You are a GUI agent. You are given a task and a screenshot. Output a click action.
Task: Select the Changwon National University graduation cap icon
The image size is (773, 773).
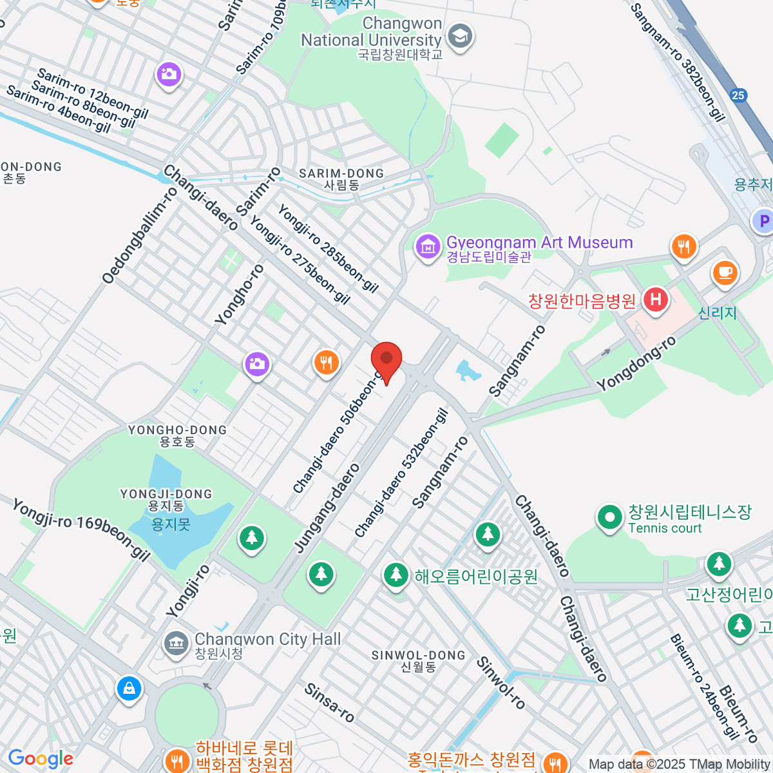point(460,37)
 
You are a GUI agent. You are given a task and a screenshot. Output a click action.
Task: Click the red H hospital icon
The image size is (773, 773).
point(656,300)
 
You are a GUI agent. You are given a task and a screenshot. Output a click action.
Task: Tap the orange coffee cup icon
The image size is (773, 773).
point(725,272)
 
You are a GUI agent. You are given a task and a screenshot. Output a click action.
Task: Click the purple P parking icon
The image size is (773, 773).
point(763,221)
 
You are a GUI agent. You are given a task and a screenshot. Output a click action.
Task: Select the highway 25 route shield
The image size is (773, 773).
point(738,95)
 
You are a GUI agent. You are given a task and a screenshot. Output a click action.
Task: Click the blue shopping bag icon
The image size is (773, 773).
point(129,689)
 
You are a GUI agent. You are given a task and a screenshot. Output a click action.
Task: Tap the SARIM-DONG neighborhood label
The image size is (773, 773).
point(341,179)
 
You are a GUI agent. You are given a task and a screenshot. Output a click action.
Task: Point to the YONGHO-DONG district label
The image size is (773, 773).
point(177,435)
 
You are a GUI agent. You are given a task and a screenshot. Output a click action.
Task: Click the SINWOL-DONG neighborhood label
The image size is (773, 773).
point(418,661)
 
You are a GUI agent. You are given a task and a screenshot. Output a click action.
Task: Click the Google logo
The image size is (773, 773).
point(40,759)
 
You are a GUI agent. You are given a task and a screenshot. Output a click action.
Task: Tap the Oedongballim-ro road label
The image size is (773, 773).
point(140,234)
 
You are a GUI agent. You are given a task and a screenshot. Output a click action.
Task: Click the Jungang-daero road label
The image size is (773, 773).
point(327,508)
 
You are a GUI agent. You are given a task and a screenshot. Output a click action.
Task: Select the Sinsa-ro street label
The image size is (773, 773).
point(329,703)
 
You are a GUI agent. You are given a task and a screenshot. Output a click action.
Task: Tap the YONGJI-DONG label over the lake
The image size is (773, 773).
point(166,500)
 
